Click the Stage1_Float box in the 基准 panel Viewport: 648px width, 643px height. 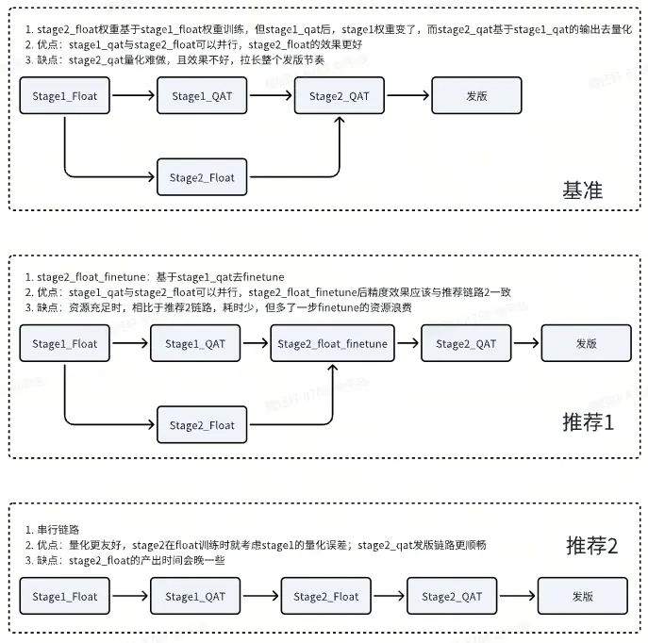click(x=65, y=95)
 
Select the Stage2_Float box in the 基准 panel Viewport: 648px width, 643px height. click(x=202, y=177)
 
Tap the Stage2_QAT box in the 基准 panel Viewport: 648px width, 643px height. click(x=340, y=95)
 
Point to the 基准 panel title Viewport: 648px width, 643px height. click(x=582, y=190)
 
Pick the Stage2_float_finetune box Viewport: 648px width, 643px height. click(x=332, y=344)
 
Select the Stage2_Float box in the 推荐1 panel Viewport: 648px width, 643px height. click(x=202, y=425)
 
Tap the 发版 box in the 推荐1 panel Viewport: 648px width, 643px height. click(x=587, y=344)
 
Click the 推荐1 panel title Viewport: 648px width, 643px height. click(x=588, y=421)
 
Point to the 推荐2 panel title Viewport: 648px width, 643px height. click(x=591, y=545)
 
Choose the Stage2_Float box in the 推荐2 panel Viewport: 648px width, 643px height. click(x=325, y=596)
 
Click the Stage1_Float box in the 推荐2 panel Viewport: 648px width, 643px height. click(x=65, y=596)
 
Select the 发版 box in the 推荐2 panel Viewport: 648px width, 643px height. click(x=582, y=596)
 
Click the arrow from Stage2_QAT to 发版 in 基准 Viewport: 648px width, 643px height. click(x=407, y=95)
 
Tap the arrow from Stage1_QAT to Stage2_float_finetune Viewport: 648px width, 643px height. click(x=256, y=344)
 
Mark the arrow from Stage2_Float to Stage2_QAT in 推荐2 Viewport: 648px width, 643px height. click(x=389, y=596)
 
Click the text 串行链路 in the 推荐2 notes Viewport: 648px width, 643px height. click(x=58, y=529)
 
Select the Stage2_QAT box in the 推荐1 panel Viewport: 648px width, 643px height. click(x=466, y=344)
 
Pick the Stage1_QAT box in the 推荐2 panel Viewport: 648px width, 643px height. click(x=195, y=596)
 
